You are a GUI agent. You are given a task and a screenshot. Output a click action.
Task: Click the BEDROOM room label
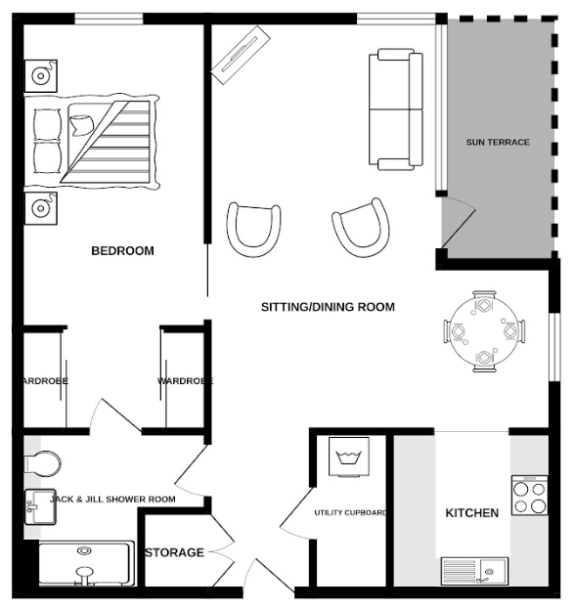click(122, 251)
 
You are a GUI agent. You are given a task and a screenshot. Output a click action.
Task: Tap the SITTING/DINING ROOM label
click(328, 307)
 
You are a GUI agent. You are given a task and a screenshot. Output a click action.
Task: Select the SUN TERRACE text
click(497, 143)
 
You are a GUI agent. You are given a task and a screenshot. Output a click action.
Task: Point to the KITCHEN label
click(472, 513)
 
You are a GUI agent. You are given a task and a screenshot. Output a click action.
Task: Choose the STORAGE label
click(175, 553)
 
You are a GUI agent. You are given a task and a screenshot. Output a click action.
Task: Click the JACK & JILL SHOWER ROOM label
click(112, 500)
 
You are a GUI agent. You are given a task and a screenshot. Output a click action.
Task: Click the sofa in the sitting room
click(395, 109)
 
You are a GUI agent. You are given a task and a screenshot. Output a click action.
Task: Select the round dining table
click(484, 331)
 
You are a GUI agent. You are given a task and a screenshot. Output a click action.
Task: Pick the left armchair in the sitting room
click(254, 228)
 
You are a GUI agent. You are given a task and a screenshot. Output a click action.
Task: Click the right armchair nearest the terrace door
click(361, 227)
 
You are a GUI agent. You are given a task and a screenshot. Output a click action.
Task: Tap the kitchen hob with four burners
click(529, 496)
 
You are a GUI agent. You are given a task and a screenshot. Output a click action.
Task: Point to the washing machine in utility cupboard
click(349, 457)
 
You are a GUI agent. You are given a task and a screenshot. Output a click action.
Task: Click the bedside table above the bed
click(41, 74)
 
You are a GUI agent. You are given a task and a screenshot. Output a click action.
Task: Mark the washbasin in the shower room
click(38, 505)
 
